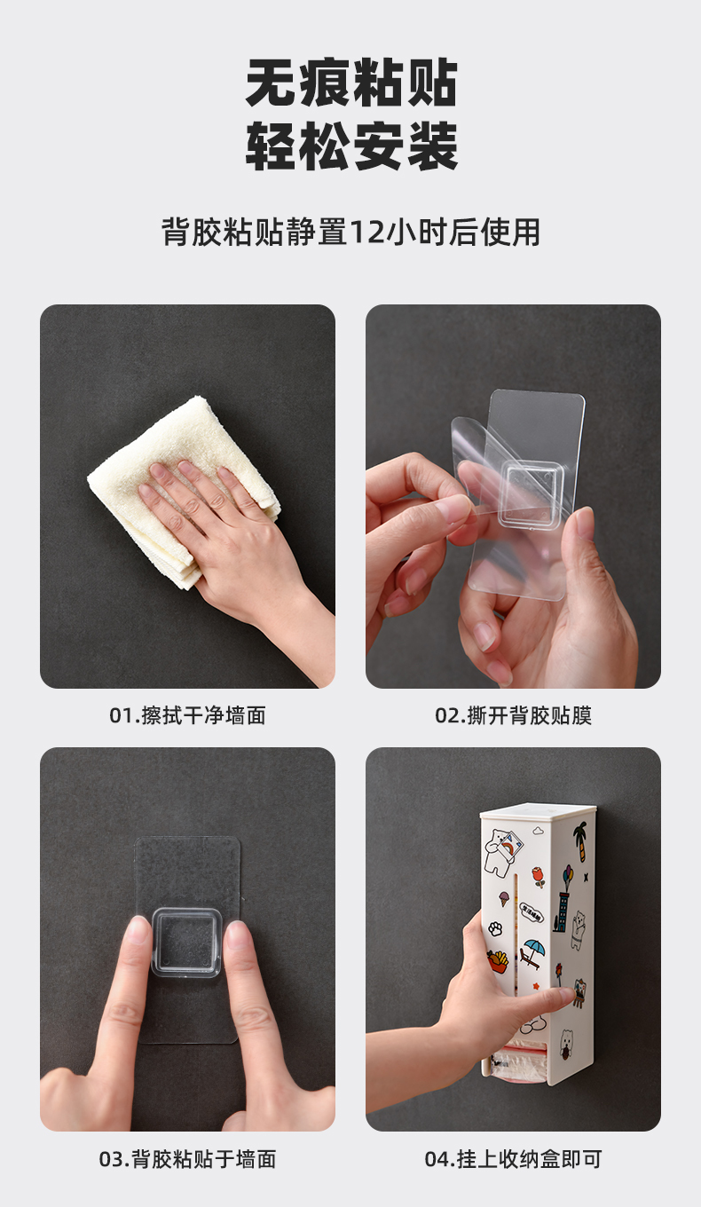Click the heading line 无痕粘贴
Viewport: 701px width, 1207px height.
click(x=350, y=83)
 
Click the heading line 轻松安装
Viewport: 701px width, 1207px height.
click(x=350, y=146)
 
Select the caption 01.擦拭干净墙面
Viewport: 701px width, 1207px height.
click(x=187, y=715)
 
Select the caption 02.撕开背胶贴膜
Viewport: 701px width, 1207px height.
click(x=513, y=715)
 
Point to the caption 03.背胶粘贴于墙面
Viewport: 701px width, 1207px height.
click(x=187, y=1159)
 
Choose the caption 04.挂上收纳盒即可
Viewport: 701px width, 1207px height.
click(x=513, y=1159)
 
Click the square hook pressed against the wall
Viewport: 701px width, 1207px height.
click(x=187, y=943)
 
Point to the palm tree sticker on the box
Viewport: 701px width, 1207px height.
click(x=579, y=841)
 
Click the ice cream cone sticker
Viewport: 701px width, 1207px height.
click(x=503, y=898)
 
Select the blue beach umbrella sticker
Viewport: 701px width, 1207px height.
click(x=534, y=953)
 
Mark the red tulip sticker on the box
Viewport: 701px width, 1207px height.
click(x=539, y=877)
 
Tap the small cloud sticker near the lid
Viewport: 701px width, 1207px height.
click(x=539, y=831)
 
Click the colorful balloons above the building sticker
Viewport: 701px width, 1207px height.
click(x=569, y=872)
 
